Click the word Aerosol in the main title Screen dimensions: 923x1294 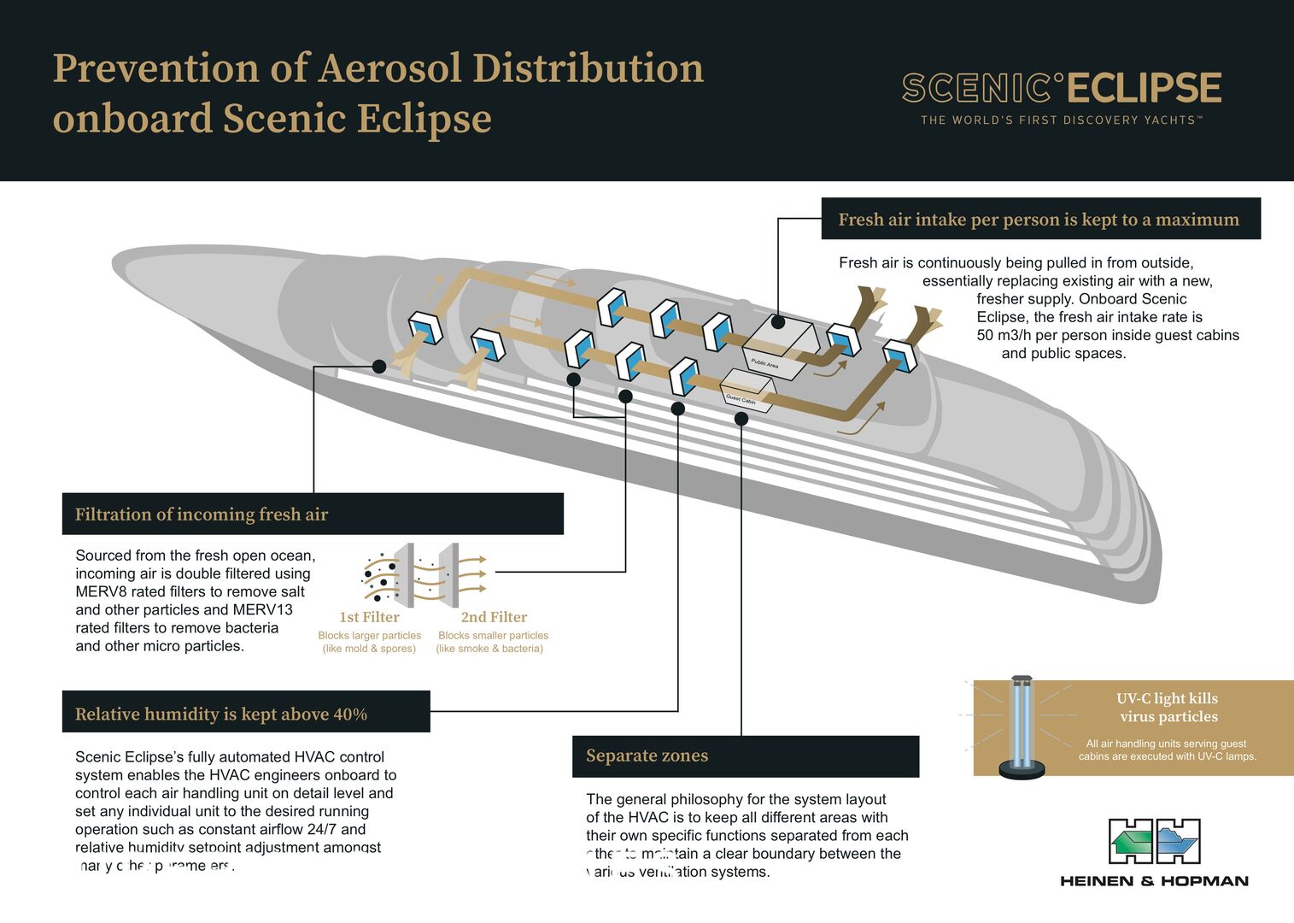click(388, 68)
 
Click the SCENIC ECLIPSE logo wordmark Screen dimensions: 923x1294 click(1061, 88)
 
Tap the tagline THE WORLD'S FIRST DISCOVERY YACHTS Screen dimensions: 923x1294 click(1061, 121)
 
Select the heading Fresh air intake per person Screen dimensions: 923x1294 click(1038, 220)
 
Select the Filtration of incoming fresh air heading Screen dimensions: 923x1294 click(202, 514)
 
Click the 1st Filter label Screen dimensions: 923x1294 click(369, 617)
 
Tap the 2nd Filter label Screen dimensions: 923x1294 click(494, 617)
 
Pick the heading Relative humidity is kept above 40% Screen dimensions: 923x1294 click(221, 714)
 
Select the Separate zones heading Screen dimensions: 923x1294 click(647, 755)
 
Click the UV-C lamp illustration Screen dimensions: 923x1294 click(1022, 727)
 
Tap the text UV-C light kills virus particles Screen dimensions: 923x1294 click(1168, 708)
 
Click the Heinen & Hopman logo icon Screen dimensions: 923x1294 click(1154, 841)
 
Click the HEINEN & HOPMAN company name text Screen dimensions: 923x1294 click(1154, 881)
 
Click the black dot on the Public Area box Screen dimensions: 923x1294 click(777, 322)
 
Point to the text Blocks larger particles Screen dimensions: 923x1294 click(369, 636)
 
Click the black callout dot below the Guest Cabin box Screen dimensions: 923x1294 click(741, 419)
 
